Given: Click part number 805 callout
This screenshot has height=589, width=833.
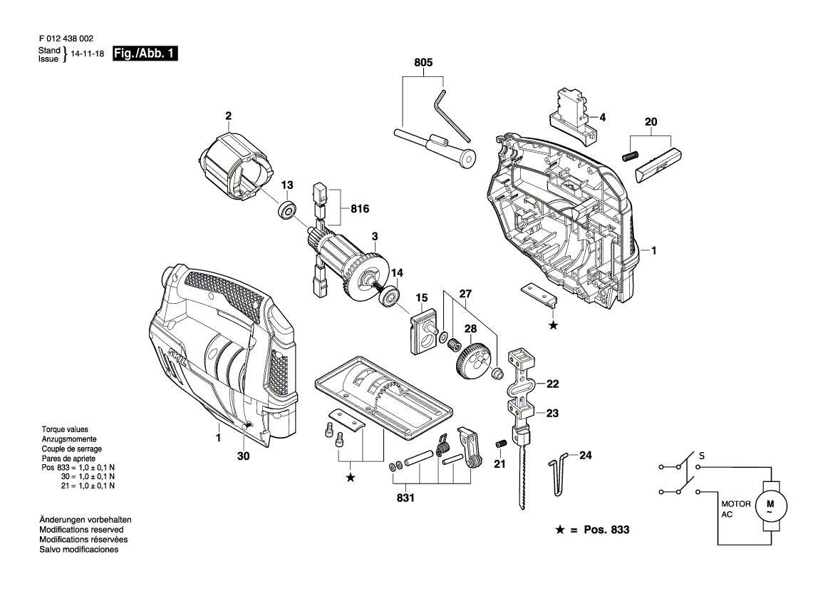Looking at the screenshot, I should pos(423,63).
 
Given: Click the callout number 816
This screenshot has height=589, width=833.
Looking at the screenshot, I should pos(361,209).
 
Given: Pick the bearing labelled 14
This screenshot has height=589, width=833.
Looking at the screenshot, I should pos(390,297).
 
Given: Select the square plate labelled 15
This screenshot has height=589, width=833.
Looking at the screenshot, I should pos(423,329).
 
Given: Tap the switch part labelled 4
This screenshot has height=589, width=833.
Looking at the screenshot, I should pos(572,116).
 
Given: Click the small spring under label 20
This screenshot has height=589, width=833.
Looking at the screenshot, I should pos(628,155).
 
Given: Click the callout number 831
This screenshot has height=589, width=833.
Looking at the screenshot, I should pos(405,498).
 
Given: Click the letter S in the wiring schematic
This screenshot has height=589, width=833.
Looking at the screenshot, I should pos(702,454).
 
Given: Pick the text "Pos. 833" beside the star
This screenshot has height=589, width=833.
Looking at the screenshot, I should pos(606,531).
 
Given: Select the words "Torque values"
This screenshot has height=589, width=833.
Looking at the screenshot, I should pos(64,430).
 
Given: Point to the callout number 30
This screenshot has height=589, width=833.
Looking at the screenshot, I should pos(243,456).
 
